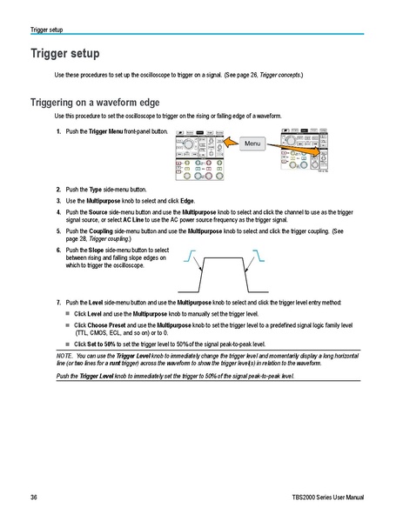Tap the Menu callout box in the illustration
[x=252, y=143]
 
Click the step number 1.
[x=57, y=131]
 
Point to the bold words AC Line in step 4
[x=134, y=220]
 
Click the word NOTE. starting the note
[x=64, y=357]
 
